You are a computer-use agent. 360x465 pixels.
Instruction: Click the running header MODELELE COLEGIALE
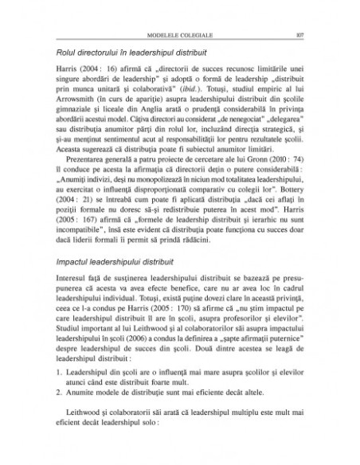point(180,35)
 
